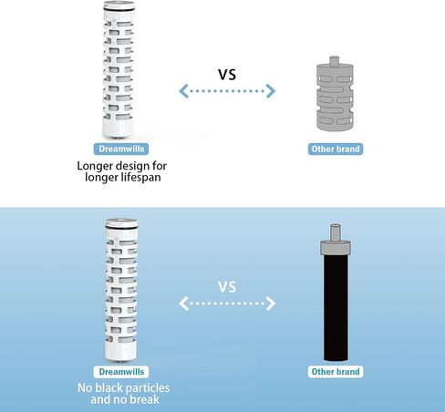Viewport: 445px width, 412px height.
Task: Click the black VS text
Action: (x=227, y=75)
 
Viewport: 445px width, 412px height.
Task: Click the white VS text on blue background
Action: (x=227, y=287)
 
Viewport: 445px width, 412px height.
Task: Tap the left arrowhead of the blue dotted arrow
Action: (x=184, y=91)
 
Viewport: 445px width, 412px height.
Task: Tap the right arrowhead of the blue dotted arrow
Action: (x=270, y=91)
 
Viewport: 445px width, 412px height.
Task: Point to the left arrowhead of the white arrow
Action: (x=184, y=304)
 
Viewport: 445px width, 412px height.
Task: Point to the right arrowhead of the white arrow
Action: (x=271, y=304)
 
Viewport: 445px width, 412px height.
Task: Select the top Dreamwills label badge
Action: (x=121, y=149)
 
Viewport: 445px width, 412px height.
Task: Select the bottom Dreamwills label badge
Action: (x=121, y=372)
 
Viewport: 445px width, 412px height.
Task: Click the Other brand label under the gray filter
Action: (x=336, y=149)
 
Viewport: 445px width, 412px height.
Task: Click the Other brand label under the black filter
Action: (x=336, y=372)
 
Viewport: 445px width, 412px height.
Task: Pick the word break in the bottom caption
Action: (x=144, y=399)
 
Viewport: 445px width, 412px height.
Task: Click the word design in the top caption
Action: (x=130, y=166)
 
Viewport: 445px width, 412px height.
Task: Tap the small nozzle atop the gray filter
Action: (x=335, y=60)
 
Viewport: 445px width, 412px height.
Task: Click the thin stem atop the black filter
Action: (x=336, y=232)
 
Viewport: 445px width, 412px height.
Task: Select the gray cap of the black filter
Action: (x=336, y=247)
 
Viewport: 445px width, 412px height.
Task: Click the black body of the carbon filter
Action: (x=336, y=307)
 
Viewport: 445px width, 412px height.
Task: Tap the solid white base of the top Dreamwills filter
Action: (x=118, y=128)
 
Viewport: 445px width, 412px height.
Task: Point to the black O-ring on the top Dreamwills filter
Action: (x=119, y=10)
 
